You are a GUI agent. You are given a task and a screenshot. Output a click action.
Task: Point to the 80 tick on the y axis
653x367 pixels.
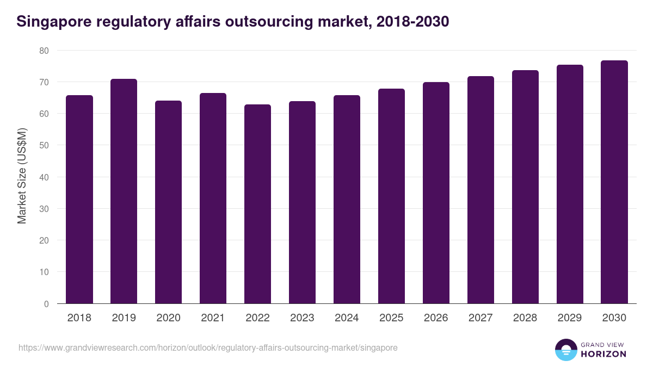point(44,51)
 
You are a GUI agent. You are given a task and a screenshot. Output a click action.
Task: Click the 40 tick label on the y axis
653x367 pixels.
point(44,177)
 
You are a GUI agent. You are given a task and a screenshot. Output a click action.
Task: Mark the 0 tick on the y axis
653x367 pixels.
point(46,304)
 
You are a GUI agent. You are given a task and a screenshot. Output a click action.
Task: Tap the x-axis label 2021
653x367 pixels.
point(213,318)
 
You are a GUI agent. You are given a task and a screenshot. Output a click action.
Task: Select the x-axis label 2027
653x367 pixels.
point(480,318)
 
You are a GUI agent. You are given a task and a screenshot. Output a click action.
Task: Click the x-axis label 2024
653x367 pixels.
point(347,318)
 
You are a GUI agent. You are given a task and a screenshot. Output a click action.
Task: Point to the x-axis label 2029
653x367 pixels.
point(570,318)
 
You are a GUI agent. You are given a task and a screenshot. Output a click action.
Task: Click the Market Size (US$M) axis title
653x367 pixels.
point(22,177)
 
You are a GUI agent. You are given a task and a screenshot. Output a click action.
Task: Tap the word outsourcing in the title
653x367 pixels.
point(275,22)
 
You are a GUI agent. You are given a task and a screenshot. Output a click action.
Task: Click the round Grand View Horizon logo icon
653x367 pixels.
point(566,350)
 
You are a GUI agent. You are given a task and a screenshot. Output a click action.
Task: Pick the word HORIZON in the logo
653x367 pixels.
point(603,354)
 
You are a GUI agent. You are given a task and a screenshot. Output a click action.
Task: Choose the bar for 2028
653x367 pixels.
point(525,187)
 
